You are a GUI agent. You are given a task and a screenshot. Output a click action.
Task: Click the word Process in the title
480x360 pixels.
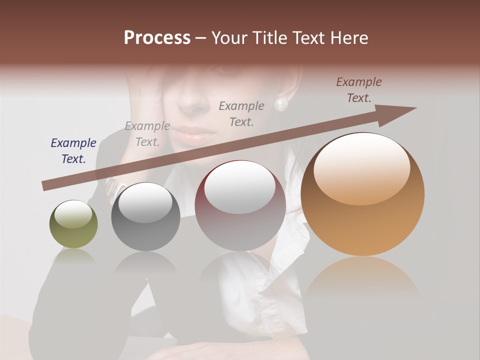pos(157,38)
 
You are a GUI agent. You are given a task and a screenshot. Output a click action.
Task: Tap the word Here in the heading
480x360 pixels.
pos(350,38)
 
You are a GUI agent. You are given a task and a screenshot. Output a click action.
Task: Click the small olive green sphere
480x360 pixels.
pos(73,224)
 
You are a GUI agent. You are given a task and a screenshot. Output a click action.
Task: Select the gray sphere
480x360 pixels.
pos(145,217)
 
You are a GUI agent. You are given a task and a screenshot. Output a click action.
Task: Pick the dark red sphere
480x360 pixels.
pos(240,206)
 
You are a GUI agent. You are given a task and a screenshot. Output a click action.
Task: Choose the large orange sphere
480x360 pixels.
pos(362,194)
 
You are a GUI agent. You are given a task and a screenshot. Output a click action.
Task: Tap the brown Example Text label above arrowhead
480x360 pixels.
pos(359,90)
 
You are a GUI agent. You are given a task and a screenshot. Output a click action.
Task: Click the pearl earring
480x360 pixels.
pos(281,104)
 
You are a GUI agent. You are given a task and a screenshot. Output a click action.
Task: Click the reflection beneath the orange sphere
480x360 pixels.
pos(362,277)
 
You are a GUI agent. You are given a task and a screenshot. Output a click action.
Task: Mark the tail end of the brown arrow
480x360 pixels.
pos(46,186)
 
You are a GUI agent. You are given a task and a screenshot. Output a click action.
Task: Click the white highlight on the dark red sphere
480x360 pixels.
pos(240,187)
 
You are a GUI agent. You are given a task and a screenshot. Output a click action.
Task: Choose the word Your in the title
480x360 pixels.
pos(228,38)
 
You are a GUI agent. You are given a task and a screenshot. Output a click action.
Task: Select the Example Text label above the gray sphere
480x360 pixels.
pos(147,134)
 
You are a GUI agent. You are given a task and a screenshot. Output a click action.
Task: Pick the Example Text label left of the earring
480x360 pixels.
pos(241,113)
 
